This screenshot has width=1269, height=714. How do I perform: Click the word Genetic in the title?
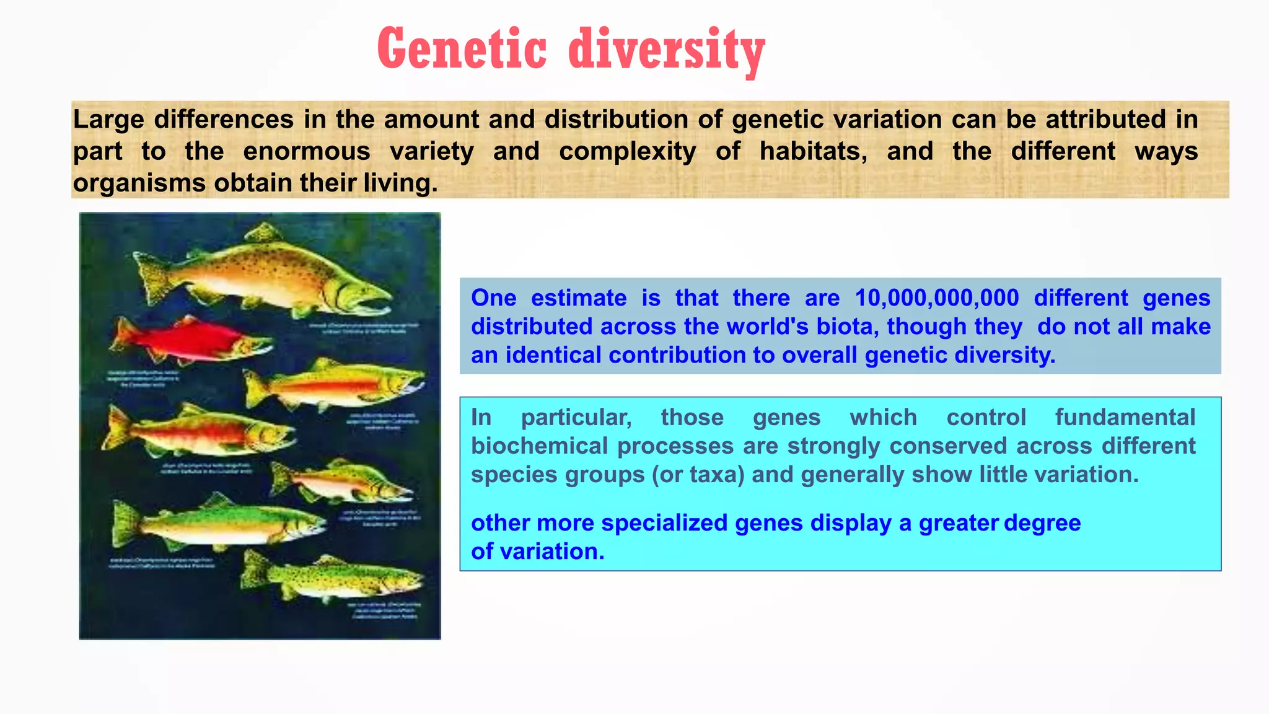click(x=462, y=50)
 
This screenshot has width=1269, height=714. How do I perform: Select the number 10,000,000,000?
click(x=936, y=298)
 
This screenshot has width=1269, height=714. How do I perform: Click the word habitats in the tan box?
click(x=813, y=151)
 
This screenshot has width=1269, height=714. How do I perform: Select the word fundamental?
click(x=1125, y=418)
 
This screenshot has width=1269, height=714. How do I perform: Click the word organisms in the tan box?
click(x=139, y=183)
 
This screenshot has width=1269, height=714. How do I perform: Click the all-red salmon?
click(x=186, y=340)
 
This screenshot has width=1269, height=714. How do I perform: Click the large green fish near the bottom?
click(x=217, y=524)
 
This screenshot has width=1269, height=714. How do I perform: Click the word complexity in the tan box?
click(x=627, y=151)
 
